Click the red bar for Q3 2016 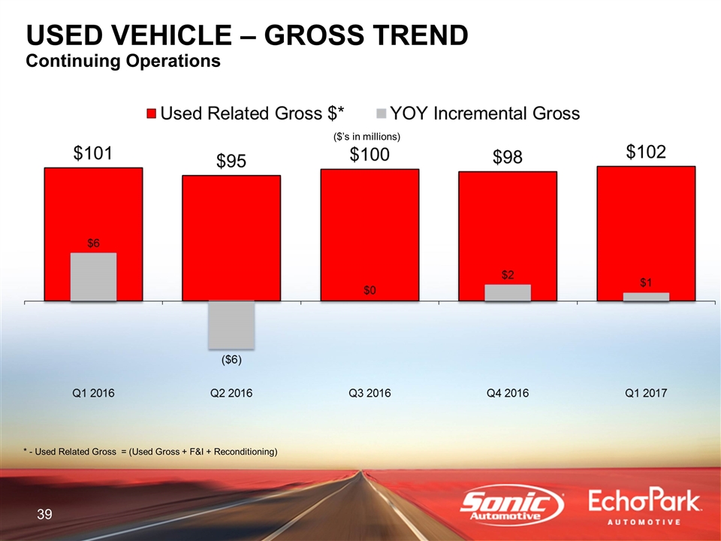pos(370,225)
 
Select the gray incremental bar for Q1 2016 pos(93,277)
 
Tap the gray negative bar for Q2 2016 pos(231,324)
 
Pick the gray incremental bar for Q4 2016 pos(508,293)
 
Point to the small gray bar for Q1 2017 pos(646,297)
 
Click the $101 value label pos(93,154)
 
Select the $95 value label pos(231,162)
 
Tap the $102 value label pos(646,153)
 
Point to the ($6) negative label pos(231,360)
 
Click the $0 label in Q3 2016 pos(370,291)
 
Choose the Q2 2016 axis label pos(231,393)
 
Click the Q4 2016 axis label pos(508,393)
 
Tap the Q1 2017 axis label pos(646,393)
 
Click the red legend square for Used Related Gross pos(151,114)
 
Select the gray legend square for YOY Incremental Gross pos(380,114)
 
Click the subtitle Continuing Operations pos(123,61)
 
